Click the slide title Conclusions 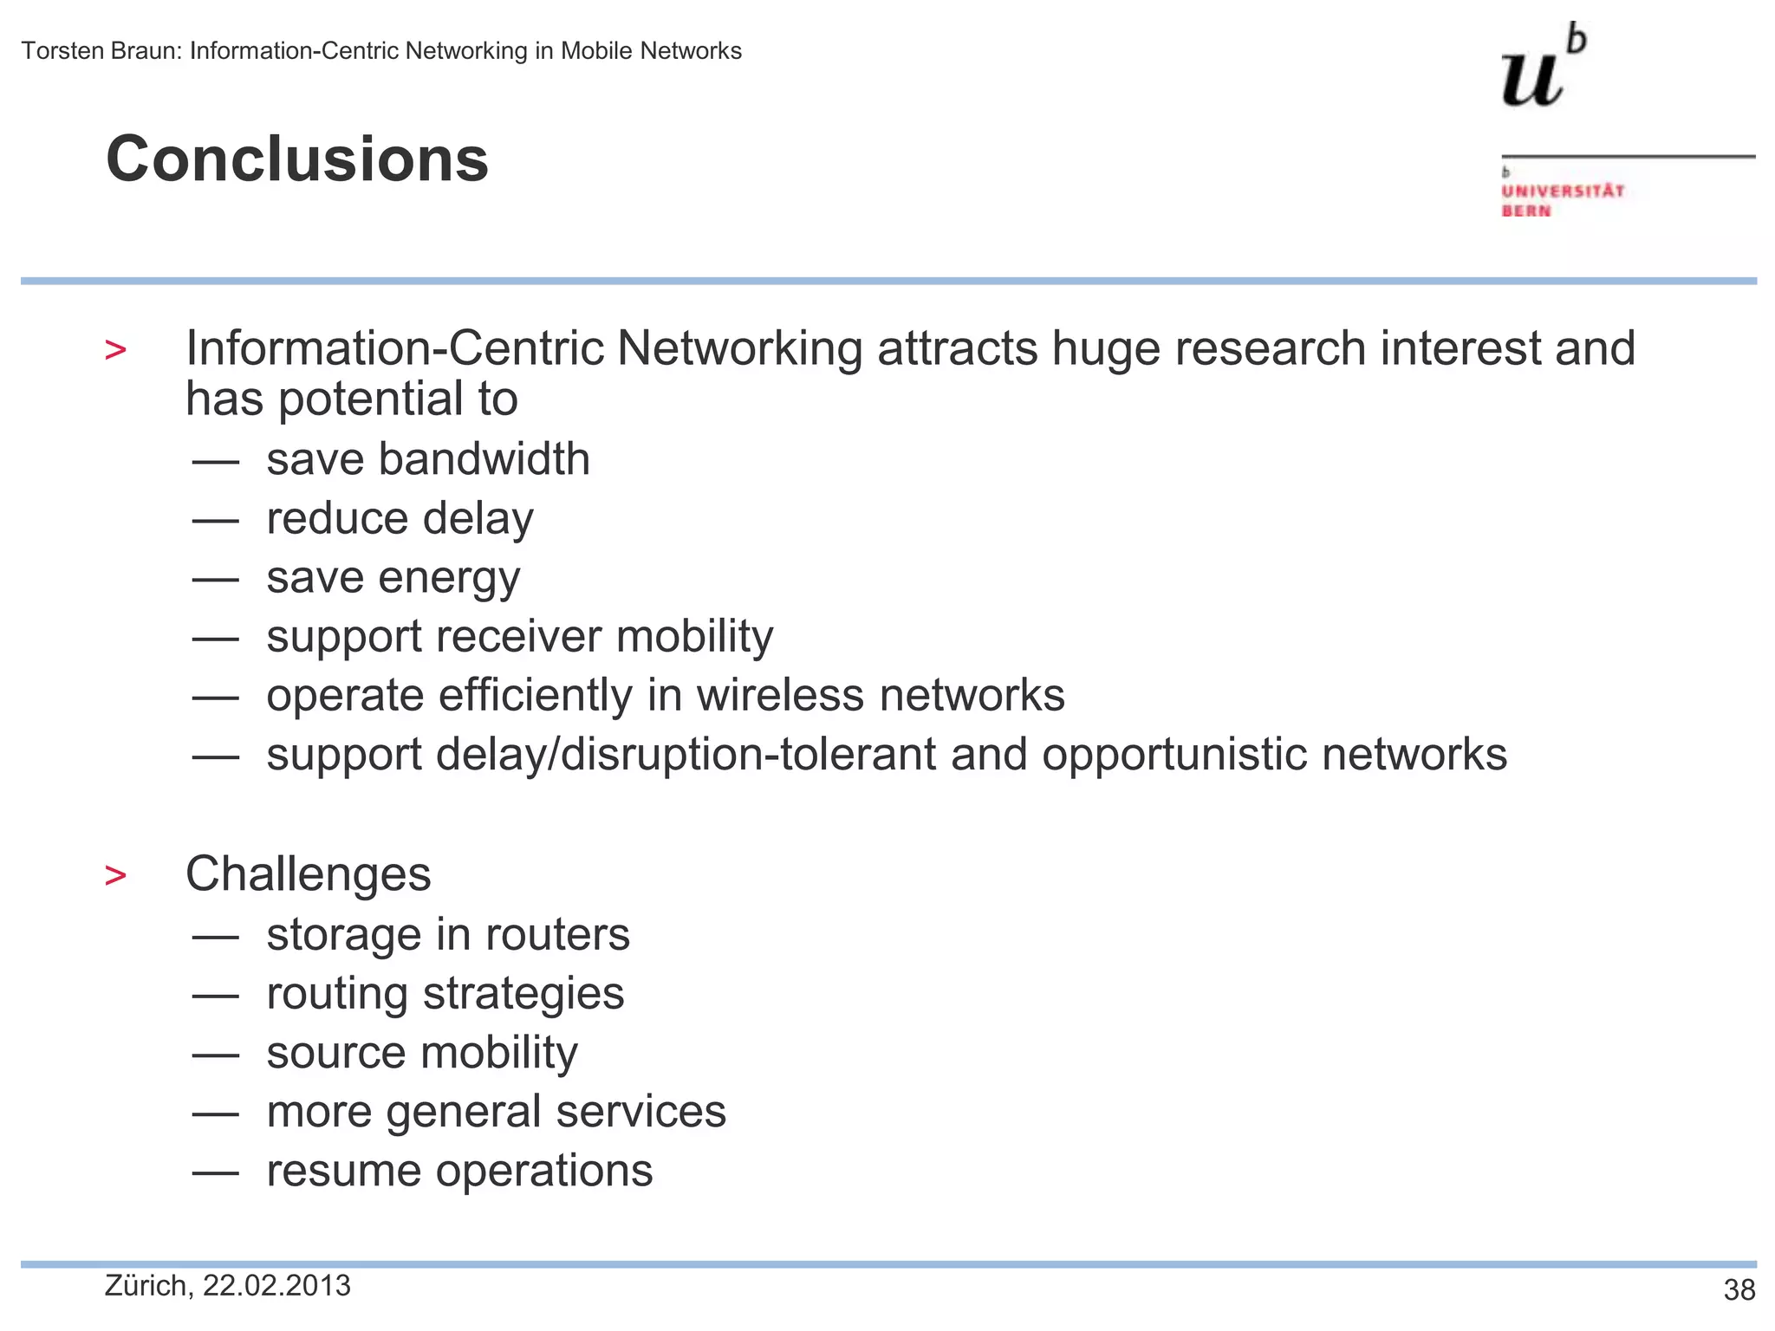point(297,159)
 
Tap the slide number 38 point(1739,1290)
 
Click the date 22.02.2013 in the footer point(276,1286)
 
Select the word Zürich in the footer point(146,1286)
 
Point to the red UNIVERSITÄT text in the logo point(1563,191)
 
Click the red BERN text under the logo point(1526,211)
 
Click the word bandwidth point(484,458)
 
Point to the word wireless point(780,696)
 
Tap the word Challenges point(308,873)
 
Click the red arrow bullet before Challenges point(115,875)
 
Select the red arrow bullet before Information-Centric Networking point(115,350)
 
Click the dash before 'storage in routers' point(215,937)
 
